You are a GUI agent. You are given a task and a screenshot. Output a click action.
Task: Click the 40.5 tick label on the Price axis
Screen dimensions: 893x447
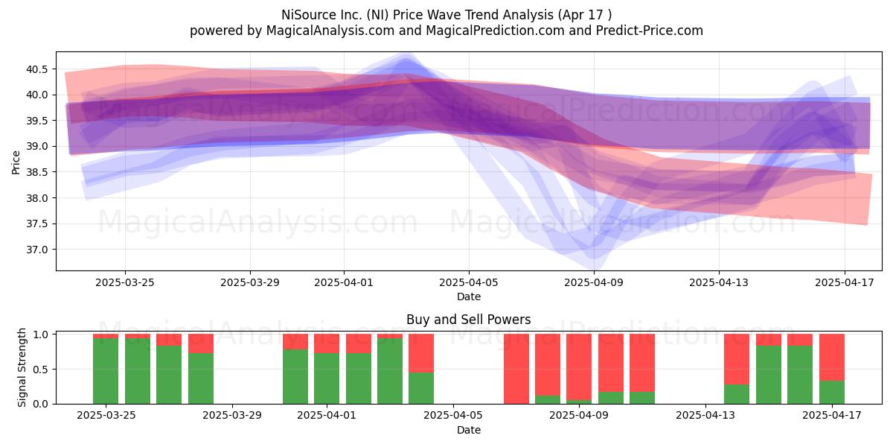pyautogui.click(x=36, y=69)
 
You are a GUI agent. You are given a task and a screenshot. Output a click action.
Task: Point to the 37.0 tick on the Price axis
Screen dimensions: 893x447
pyautogui.click(x=36, y=250)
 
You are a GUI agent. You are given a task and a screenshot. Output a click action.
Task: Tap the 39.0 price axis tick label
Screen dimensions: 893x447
pyautogui.click(x=36, y=147)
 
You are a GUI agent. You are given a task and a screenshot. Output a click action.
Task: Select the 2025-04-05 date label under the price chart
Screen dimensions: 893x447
pyautogui.click(x=469, y=282)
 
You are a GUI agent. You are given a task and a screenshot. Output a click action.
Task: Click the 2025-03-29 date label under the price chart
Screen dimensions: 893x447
pyautogui.click(x=250, y=282)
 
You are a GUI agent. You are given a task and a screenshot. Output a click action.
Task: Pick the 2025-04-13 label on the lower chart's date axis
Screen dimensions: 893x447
pyautogui.click(x=705, y=416)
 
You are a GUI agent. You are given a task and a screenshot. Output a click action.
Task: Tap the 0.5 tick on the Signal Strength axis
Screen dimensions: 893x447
pyautogui.click(x=40, y=370)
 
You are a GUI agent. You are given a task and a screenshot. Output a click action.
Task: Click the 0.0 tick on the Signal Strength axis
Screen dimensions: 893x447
pyautogui.click(x=40, y=404)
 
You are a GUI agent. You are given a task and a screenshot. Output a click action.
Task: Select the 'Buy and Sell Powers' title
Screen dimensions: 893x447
pyautogui.click(x=468, y=320)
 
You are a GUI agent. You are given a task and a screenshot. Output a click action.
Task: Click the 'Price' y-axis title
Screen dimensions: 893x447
pyautogui.click(x=16, y=162)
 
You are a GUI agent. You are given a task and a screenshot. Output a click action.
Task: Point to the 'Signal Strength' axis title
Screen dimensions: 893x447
pyautogui.click(x=22, y=367)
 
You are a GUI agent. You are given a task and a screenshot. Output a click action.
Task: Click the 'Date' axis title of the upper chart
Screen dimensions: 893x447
pyautogui.click(x=469, y=297)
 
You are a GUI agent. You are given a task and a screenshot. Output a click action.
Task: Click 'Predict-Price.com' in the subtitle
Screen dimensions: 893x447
pyautogui.click(x=650, y=31)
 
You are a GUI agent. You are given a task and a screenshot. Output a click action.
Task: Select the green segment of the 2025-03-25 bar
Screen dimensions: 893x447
pyautogui.click(x=106, y=371)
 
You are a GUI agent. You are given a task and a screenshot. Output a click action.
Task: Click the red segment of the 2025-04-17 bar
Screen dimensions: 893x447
pyautogui.click(x=832, y=358)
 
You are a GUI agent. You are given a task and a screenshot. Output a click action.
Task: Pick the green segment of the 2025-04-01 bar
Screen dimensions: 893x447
pyautogui.click(x=327, y=378)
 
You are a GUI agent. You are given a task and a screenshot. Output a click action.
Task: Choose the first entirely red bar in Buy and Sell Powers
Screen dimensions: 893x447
pyautogui.click(x=516, y=369)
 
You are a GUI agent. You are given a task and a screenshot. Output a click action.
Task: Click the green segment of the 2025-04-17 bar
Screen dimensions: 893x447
pyautogui.click(x=832, y=393)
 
